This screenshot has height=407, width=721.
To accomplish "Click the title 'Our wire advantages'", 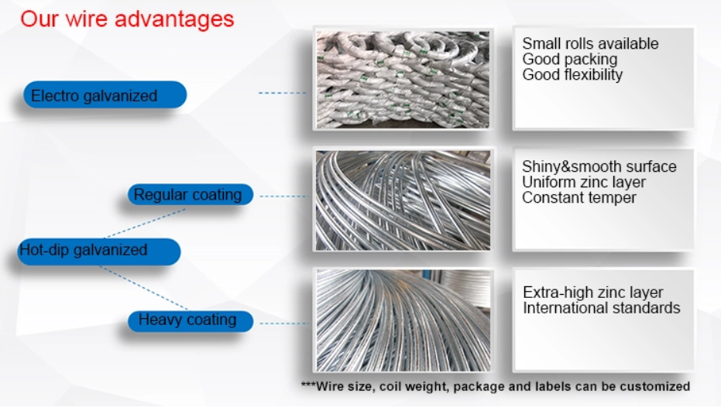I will (x=127, y=19).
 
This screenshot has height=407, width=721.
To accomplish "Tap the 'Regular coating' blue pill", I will (x=190, y=195).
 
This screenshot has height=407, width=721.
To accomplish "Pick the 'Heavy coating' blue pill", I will (x=190, y=320).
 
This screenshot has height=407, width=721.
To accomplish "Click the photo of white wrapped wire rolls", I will (x=403, y=79).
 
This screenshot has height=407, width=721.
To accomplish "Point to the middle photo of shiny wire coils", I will (x=403, y=200).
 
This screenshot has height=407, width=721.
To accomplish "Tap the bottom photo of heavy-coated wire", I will (x=403, y=320).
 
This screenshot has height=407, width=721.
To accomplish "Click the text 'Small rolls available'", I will (x=590, y=44).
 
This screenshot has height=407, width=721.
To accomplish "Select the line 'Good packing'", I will (x=569, y=60).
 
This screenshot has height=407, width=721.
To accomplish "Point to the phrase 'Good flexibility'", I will (x=572, y=75).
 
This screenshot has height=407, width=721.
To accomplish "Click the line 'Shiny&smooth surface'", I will (x=599, y=167).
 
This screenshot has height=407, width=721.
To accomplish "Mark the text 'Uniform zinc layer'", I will (x=583, y=183).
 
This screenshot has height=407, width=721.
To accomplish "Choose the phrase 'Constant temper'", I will (x=579, y=198).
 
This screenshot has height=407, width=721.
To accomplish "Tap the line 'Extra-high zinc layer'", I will (x=592, y=293).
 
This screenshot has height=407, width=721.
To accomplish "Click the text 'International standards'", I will (x=601, y=308).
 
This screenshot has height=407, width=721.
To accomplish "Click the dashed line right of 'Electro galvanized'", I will (x=283, y=93).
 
